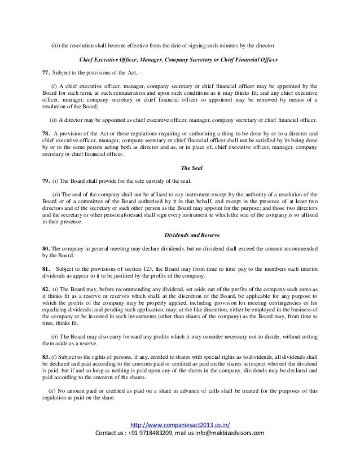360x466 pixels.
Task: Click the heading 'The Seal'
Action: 188,168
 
